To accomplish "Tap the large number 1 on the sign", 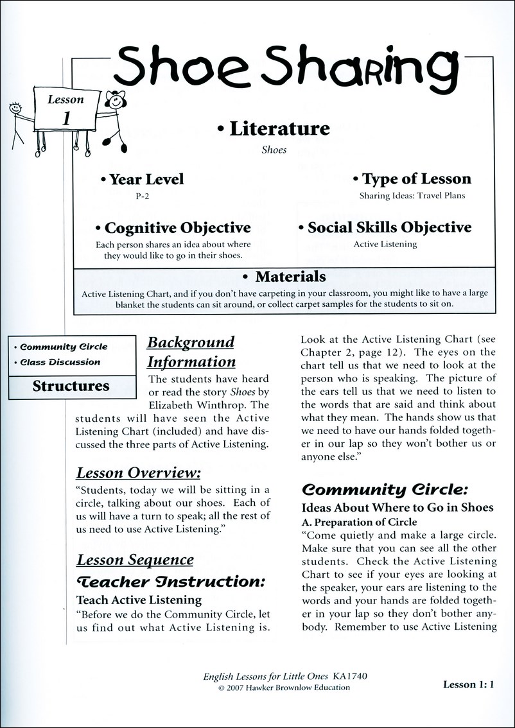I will click(x=66, y=118).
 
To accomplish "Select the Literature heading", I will click(x=274, y=128).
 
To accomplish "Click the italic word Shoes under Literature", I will click(x=274, y=150).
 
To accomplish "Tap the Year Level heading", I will click(x=142, y=180).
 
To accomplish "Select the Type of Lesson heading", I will click(x=412, y=179).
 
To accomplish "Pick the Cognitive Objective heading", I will click(x=173, y=228).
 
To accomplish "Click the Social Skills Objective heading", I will click(x=385, y=228).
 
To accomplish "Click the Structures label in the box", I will click(x=71, y=386).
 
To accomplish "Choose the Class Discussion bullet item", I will click(x=58, y=362).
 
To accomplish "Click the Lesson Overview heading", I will click(x=139, y=473).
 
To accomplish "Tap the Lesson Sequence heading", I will click(x=135, y=559).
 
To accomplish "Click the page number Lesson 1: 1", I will click(x=468, y=684).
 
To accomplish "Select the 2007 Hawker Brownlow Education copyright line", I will click(x=284, y=688).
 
